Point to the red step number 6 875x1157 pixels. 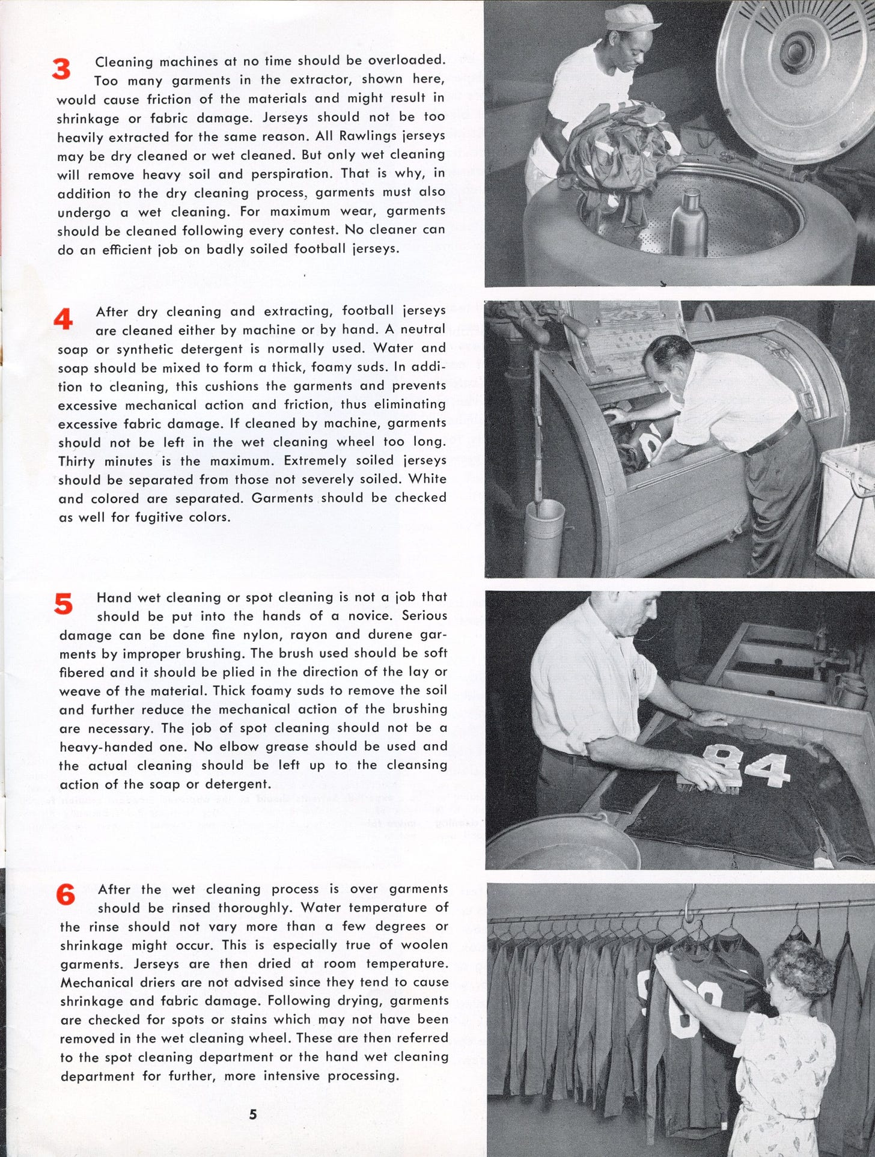66,896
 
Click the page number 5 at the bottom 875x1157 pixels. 253,1114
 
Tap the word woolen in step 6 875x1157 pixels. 424,945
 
